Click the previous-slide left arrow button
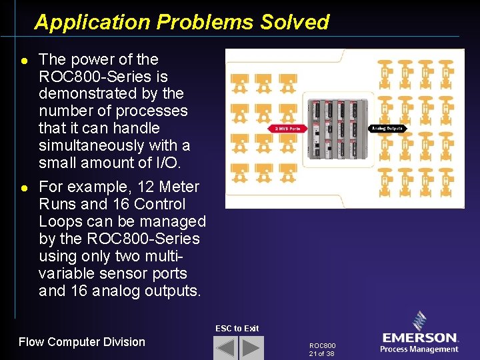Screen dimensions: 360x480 [225, 347]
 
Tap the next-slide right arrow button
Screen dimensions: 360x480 [251, 347]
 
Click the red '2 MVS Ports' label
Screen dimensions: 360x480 [287, 128]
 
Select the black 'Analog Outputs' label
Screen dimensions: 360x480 [387, 128]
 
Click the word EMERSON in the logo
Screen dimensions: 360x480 [420, 339]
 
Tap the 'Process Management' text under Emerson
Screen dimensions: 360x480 [419, 349]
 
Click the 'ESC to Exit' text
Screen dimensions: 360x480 [237, 328]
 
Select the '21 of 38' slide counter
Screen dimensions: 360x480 [321, 353]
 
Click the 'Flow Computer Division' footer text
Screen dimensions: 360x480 [82, 342]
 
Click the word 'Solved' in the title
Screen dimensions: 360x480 [295, 22]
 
